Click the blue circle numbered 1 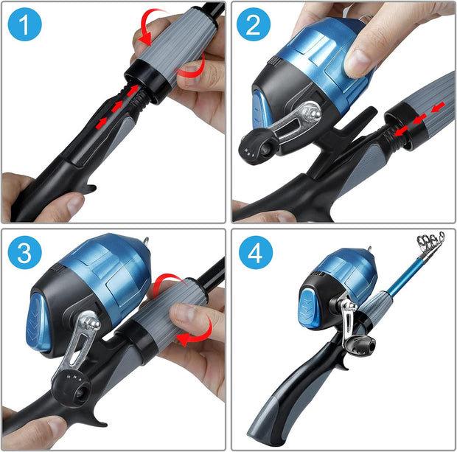click(x=25, y=24)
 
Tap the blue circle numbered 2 click(x=254, y=24)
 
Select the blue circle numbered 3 click(x=25, y=252)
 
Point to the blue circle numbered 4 click(x=256, y=252)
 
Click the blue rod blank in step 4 click(x=404, y=274)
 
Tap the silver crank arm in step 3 click(x=78, y=344)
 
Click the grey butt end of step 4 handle click(x=264, y=420)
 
